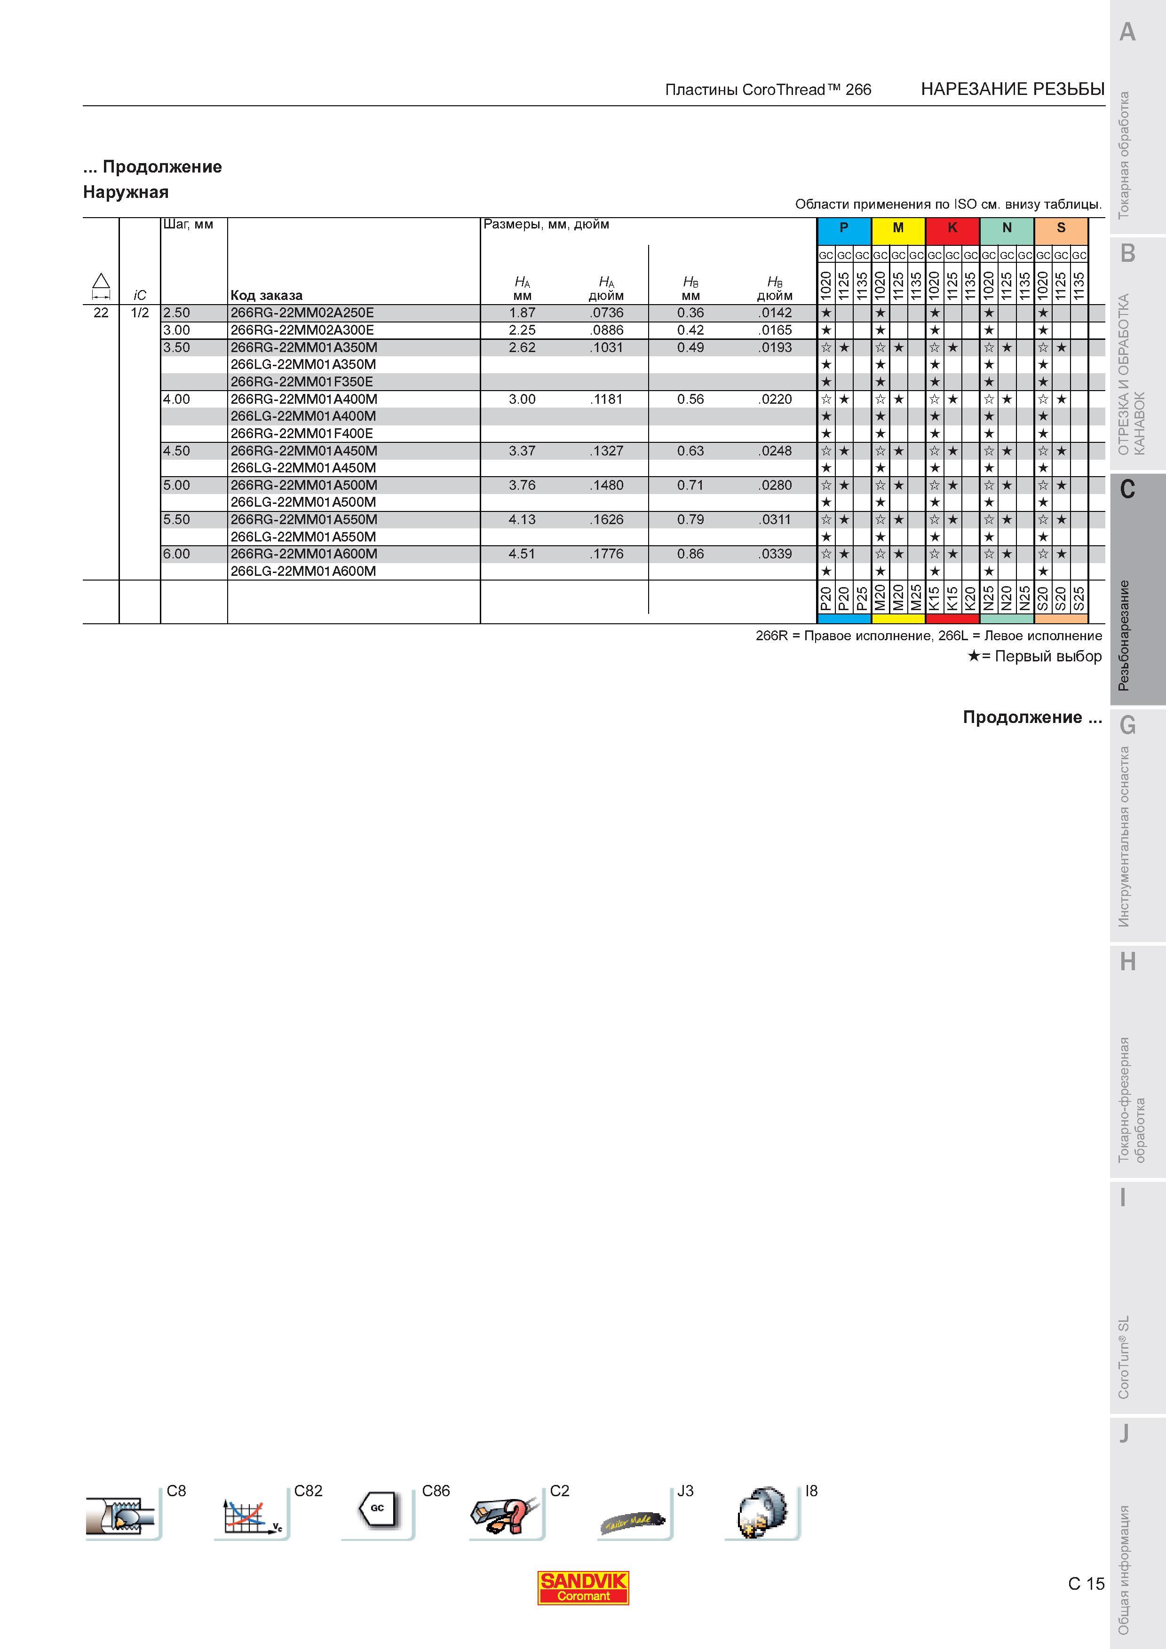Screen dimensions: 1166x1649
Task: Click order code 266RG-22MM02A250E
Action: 302,313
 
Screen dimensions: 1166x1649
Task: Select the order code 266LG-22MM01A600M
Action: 303,571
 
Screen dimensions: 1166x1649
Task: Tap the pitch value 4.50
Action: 177,450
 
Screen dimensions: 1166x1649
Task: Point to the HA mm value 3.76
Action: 522,485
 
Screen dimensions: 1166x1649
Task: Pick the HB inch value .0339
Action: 775,554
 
